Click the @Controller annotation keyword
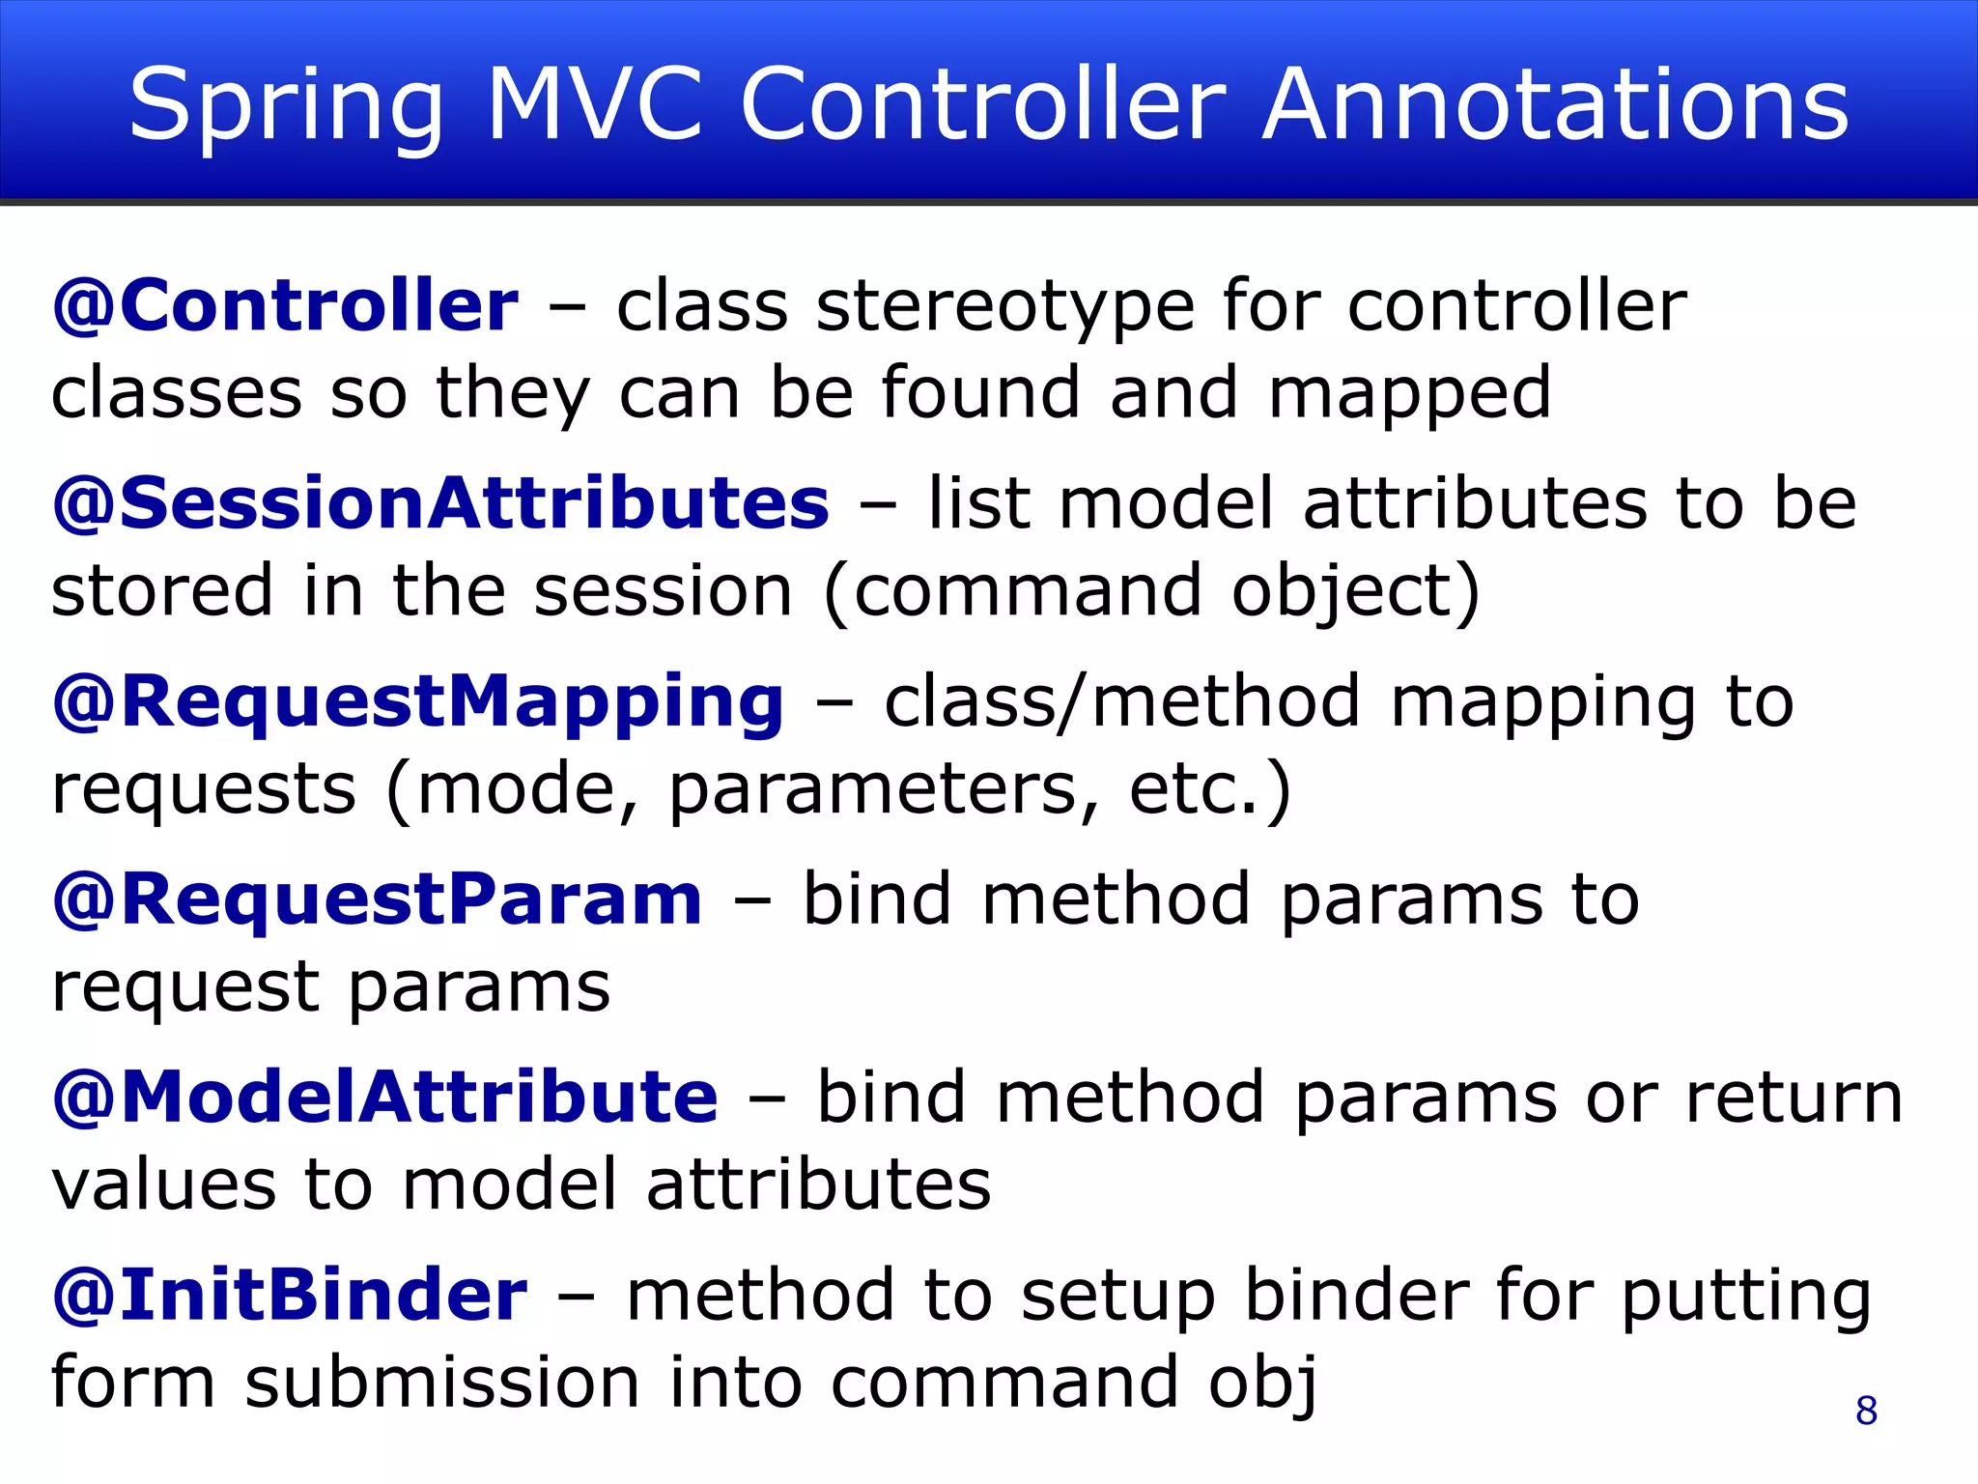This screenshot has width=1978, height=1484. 285,306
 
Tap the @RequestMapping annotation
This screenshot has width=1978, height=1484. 418,702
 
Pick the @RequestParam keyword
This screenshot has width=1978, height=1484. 378,899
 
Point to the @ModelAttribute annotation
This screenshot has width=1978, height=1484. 385,1098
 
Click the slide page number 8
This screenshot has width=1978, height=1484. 1866,1411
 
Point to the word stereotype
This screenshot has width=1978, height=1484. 1005,306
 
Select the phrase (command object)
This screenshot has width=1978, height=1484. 1151,591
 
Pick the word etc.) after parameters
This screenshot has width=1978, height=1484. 1209,790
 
